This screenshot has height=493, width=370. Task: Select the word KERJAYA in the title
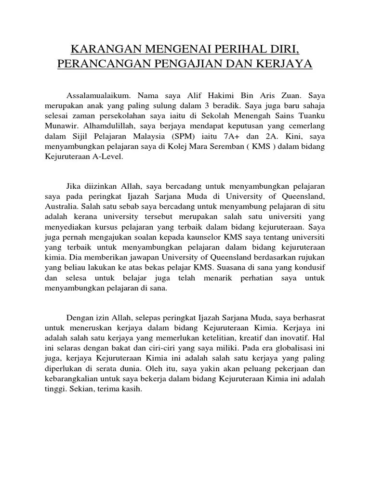(x=286, y=64)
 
